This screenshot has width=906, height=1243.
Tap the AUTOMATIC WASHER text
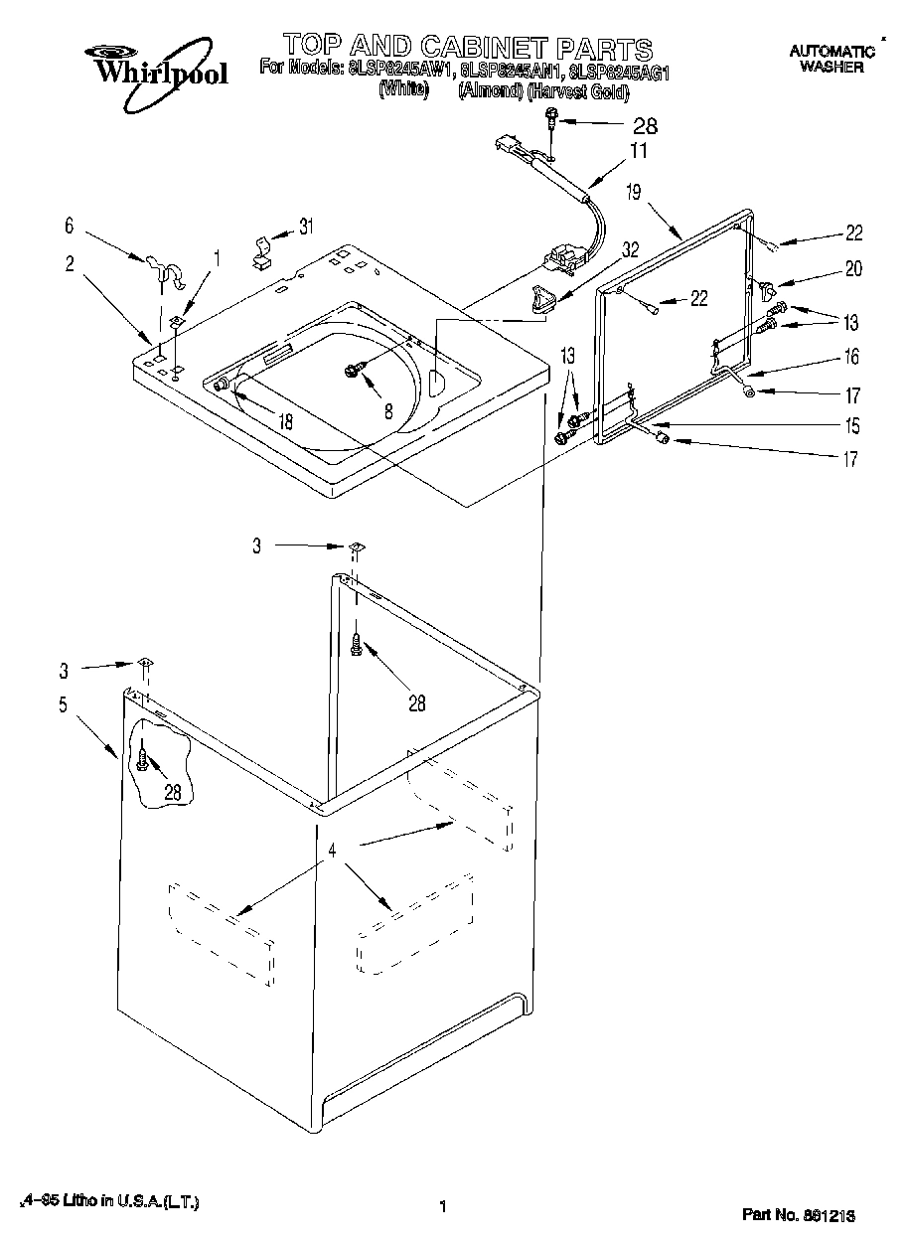tap(827, 59)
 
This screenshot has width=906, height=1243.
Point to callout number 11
tap(638, 151)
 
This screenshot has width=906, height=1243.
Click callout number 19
tap(633, 193)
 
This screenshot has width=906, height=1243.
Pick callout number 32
tap(631, 251)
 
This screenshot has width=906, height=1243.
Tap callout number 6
tap(69, 227)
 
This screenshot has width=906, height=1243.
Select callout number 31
tap(305, 227)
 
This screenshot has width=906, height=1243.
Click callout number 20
tap(854, 267)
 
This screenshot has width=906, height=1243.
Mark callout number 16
tap(851, 357)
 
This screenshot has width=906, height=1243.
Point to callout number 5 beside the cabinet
tap(63, 705)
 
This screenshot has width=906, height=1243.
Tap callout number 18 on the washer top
tap(285, 421)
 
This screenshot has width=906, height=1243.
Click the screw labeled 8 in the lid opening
tap(351, 370)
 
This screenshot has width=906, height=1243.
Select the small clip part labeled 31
tap(261, 253)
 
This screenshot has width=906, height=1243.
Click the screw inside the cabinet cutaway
tap(145, 760)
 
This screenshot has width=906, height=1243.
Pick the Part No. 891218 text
tap(800, 1215)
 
